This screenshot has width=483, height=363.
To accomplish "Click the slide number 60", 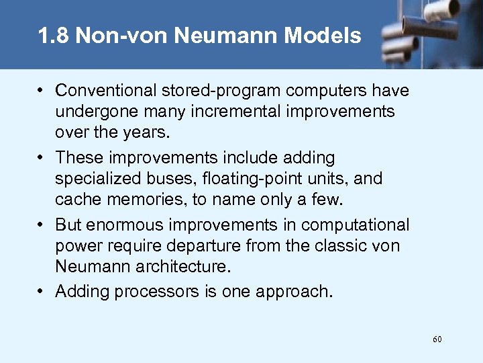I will (437, 339).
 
